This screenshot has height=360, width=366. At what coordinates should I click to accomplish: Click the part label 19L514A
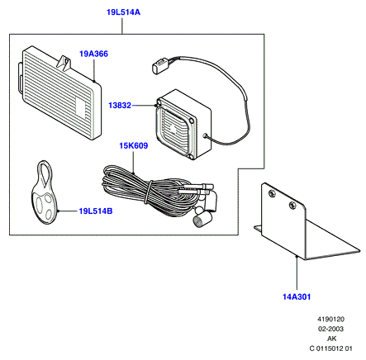[123, 12]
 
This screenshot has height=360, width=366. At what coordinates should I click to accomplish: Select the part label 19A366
[93, 54]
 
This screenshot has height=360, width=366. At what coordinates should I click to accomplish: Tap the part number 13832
[120, 106]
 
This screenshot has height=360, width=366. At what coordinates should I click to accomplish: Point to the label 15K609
[134, 145]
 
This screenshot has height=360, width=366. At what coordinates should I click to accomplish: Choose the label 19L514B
[96, 211]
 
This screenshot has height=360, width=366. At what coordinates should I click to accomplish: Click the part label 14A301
[297, 297]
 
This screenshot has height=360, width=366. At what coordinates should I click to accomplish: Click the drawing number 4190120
[331, 320]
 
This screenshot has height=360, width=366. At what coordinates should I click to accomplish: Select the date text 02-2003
[331, 329]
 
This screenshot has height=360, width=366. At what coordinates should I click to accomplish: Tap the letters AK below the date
[332, 339]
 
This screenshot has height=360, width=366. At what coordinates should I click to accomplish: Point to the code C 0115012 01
[331, 348]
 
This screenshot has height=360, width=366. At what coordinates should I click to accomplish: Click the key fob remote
[44, 192]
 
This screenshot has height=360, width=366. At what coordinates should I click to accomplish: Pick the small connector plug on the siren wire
[159, 64]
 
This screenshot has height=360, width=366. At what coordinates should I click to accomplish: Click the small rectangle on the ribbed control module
[80, 107]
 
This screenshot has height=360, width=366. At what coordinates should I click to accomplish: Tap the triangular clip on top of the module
[64, 64]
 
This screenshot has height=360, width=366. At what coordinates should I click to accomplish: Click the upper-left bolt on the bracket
[272, 193]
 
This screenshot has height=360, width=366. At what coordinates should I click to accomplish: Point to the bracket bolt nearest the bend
[292, 205]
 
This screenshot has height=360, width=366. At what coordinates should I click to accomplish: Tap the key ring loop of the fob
[45, 173]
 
